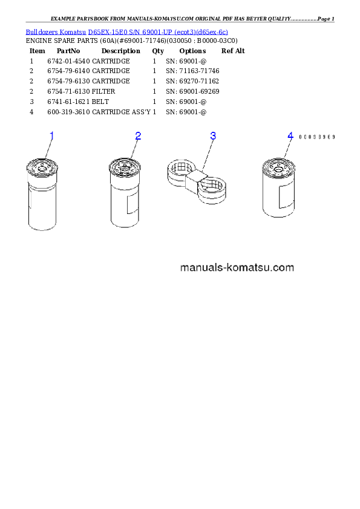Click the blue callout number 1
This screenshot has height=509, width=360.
(x=51, y=136)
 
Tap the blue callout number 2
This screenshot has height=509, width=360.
(x=138, y=136)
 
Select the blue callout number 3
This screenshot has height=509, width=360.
(x=213, y=135)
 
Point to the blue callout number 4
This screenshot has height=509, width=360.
(x=290, y=136)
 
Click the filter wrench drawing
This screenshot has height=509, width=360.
(x=197, y=182)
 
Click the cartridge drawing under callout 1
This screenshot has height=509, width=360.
(x=42, y=194)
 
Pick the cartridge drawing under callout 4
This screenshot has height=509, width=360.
(x=278, y=187)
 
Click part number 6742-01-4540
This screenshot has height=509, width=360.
(x=68, y=61)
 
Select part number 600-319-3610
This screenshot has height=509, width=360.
(x=68, y=112)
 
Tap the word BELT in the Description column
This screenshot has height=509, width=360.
(x=100, y=102)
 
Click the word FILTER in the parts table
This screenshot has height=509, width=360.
(x=103, y=91)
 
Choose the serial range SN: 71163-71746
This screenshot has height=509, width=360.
(x=192, y=71)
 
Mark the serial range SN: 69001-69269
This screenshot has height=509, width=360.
(x=192, y=91)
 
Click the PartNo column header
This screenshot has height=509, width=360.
(x=68, y=51)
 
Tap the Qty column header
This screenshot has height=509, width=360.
(x=158, y=51)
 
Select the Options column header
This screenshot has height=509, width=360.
(x=192, y=51)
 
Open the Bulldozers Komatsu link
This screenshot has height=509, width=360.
(x=56, y=32)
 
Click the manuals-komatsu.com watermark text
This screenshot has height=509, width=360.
(x=237, y=267)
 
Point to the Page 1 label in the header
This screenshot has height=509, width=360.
(x=326, y=19)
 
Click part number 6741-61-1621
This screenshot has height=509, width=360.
(x=68, y=102)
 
